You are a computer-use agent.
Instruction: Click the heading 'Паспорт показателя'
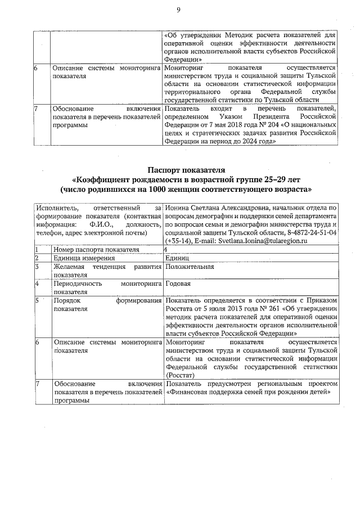186,169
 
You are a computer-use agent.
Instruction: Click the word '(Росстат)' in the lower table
180,375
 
